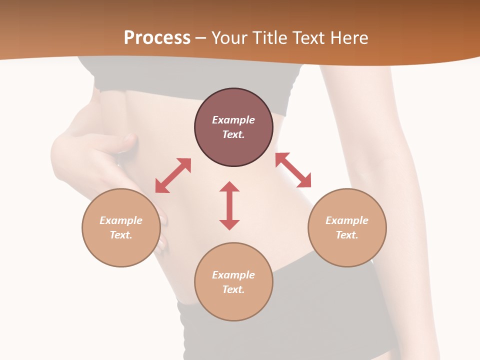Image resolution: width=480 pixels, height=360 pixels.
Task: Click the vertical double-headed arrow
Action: click(x=229, y=205)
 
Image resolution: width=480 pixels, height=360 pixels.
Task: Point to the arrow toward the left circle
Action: click(x=173, y=175)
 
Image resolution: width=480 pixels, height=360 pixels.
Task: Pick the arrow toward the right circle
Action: click(x=293, y=170)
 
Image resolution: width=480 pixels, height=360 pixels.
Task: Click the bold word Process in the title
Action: click(x=157, y=37)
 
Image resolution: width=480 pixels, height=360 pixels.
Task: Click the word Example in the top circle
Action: click(x=233, y=120)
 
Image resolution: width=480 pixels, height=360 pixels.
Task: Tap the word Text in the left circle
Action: click(x=121, y=235)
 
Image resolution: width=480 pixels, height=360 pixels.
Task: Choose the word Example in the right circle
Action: click(x=347, y=220)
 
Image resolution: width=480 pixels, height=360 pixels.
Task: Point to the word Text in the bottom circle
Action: click(x=233, y=289)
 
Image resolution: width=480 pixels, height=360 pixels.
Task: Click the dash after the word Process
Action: click(x=201, y=38)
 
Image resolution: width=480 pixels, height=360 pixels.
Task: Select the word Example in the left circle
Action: click(x=121, y=220)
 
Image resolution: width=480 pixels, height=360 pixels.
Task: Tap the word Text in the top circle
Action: click(x=233, y=134)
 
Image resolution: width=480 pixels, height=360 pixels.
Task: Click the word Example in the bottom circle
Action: click(x=233, y=275)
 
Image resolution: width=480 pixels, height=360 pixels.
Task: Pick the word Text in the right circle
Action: click(x=347, y=235)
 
